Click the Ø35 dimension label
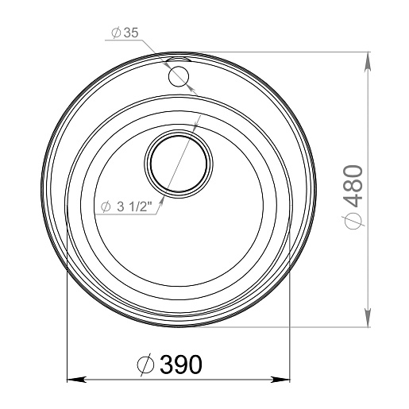pos(125,33)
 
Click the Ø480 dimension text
pos(353,197)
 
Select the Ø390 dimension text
pos(170,365)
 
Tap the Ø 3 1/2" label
pos(126,206)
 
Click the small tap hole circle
pos(179,76)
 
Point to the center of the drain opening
pos(179,164)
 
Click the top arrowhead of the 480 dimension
pos(367,62)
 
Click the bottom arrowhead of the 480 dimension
pos(367,317)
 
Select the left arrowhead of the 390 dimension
pos(77,380)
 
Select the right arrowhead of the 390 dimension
pos(280,380)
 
